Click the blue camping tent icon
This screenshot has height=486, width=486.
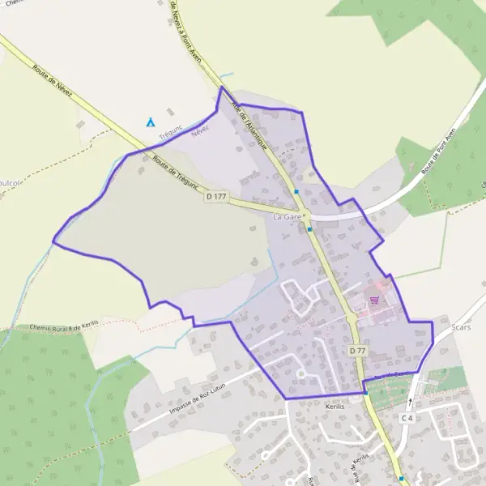pyautogui.click(x=151, y=122)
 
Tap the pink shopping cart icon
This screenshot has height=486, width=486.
pyautogui.click(x=374, y=300)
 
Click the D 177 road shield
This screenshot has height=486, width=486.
pyautogui.click(x=215, y=196)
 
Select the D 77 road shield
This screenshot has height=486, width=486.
pyautogui.click(x=358, y=351)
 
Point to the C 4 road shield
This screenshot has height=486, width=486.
pyautogui.click(x=407, y=417)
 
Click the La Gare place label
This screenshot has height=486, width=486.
pyautogui.click(x=287, y=217)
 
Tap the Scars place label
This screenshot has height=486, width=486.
pyautogui.click(x=461, y=327)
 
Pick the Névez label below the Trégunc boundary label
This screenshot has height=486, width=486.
pyautogui.click(x=199, y=132)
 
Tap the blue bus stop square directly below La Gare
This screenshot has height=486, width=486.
pyautogui.click(x=309, y=229)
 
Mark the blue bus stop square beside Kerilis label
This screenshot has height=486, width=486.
pyautogui.click(x=365, y=393)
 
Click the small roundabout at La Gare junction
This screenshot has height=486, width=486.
pyautogui.click(x=303, y=216)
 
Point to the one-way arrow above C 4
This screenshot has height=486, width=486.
pyautogui.click(x=411, y=401)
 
